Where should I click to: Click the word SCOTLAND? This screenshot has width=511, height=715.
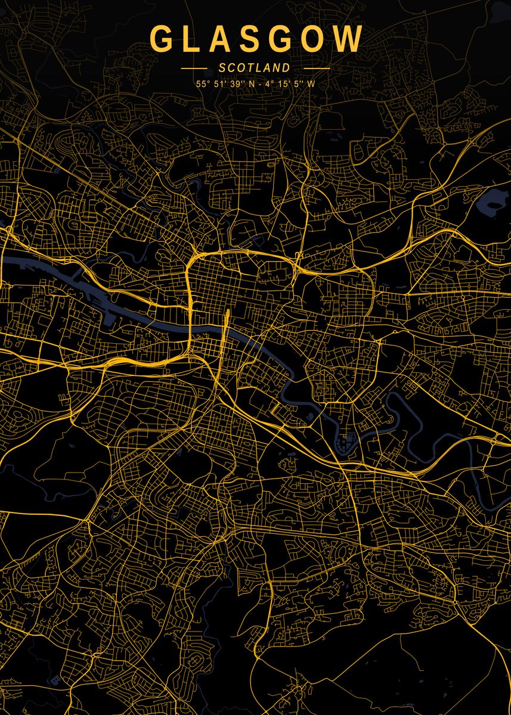(255, 69)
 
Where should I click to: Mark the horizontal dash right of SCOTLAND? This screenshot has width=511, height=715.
(316, 69)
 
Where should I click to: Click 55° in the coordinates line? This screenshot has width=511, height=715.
(203, 84)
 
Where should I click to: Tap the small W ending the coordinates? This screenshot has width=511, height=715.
(311, 84)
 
